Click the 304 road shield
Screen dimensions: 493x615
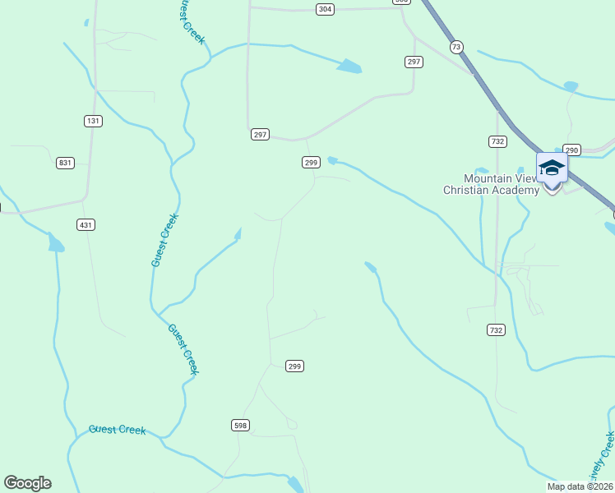click(325, 9)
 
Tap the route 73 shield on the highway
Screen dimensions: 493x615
click(456, 47)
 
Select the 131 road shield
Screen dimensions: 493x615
click(93, 121)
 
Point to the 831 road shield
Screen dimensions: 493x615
click(65, 163)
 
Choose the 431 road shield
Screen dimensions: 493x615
click(86, 224)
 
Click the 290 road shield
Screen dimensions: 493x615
click(572, 150)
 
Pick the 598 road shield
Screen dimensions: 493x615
click(239, 425)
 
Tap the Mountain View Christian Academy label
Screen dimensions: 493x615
click(491, 184)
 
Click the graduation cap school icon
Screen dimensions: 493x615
click(552, 168)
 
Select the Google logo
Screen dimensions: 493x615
click(27, 482)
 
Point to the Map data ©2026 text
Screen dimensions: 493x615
click(580, 486)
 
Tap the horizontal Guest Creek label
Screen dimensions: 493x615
click(117, 430)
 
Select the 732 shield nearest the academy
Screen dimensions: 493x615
click(497, 141)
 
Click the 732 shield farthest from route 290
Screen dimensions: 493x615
click(495, 329)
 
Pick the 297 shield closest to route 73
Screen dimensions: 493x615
click(414, 62)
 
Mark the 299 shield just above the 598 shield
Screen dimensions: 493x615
click(295, 366)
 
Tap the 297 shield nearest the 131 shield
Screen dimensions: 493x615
click(260, 134)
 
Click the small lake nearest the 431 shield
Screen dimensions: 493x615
click(56, 243)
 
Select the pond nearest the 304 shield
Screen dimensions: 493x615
click(349, 66)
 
